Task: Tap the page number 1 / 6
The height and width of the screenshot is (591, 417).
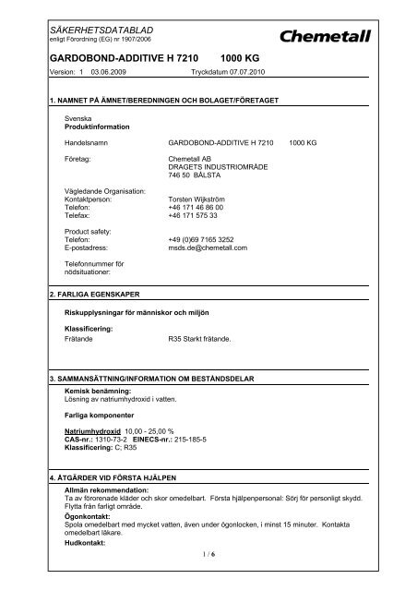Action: coord(208,577)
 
